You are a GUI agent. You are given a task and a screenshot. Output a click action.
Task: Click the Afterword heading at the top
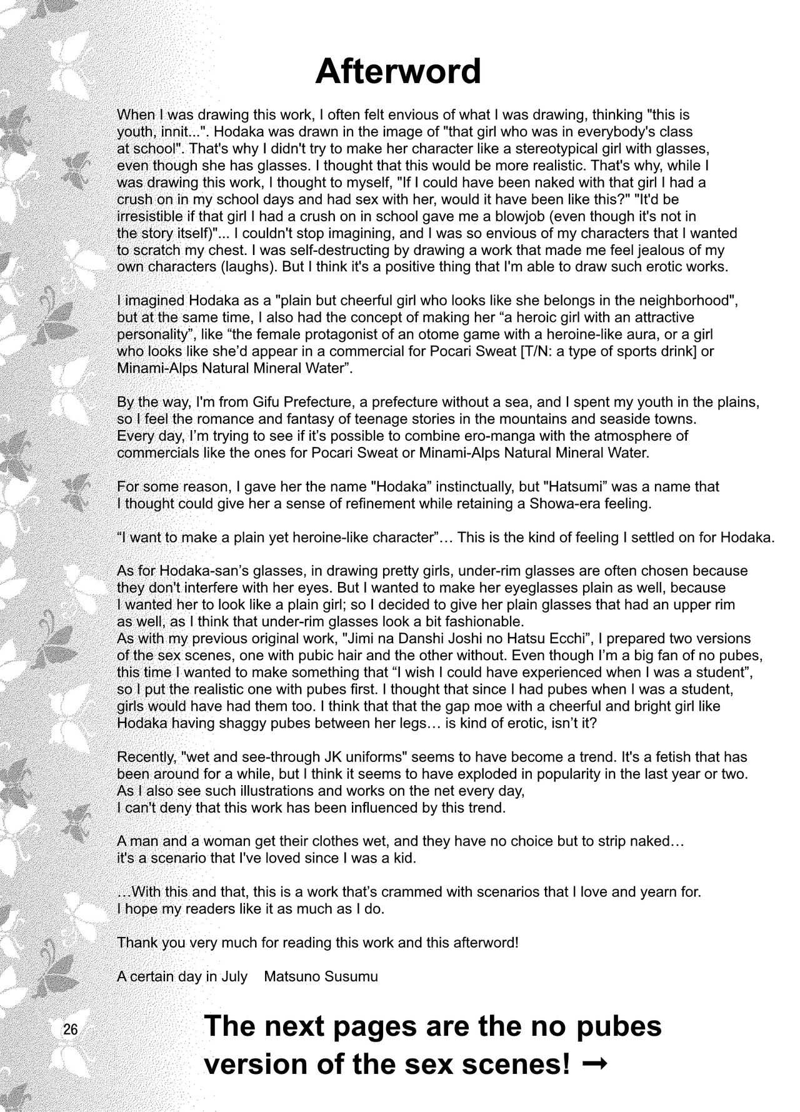(398, 72)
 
